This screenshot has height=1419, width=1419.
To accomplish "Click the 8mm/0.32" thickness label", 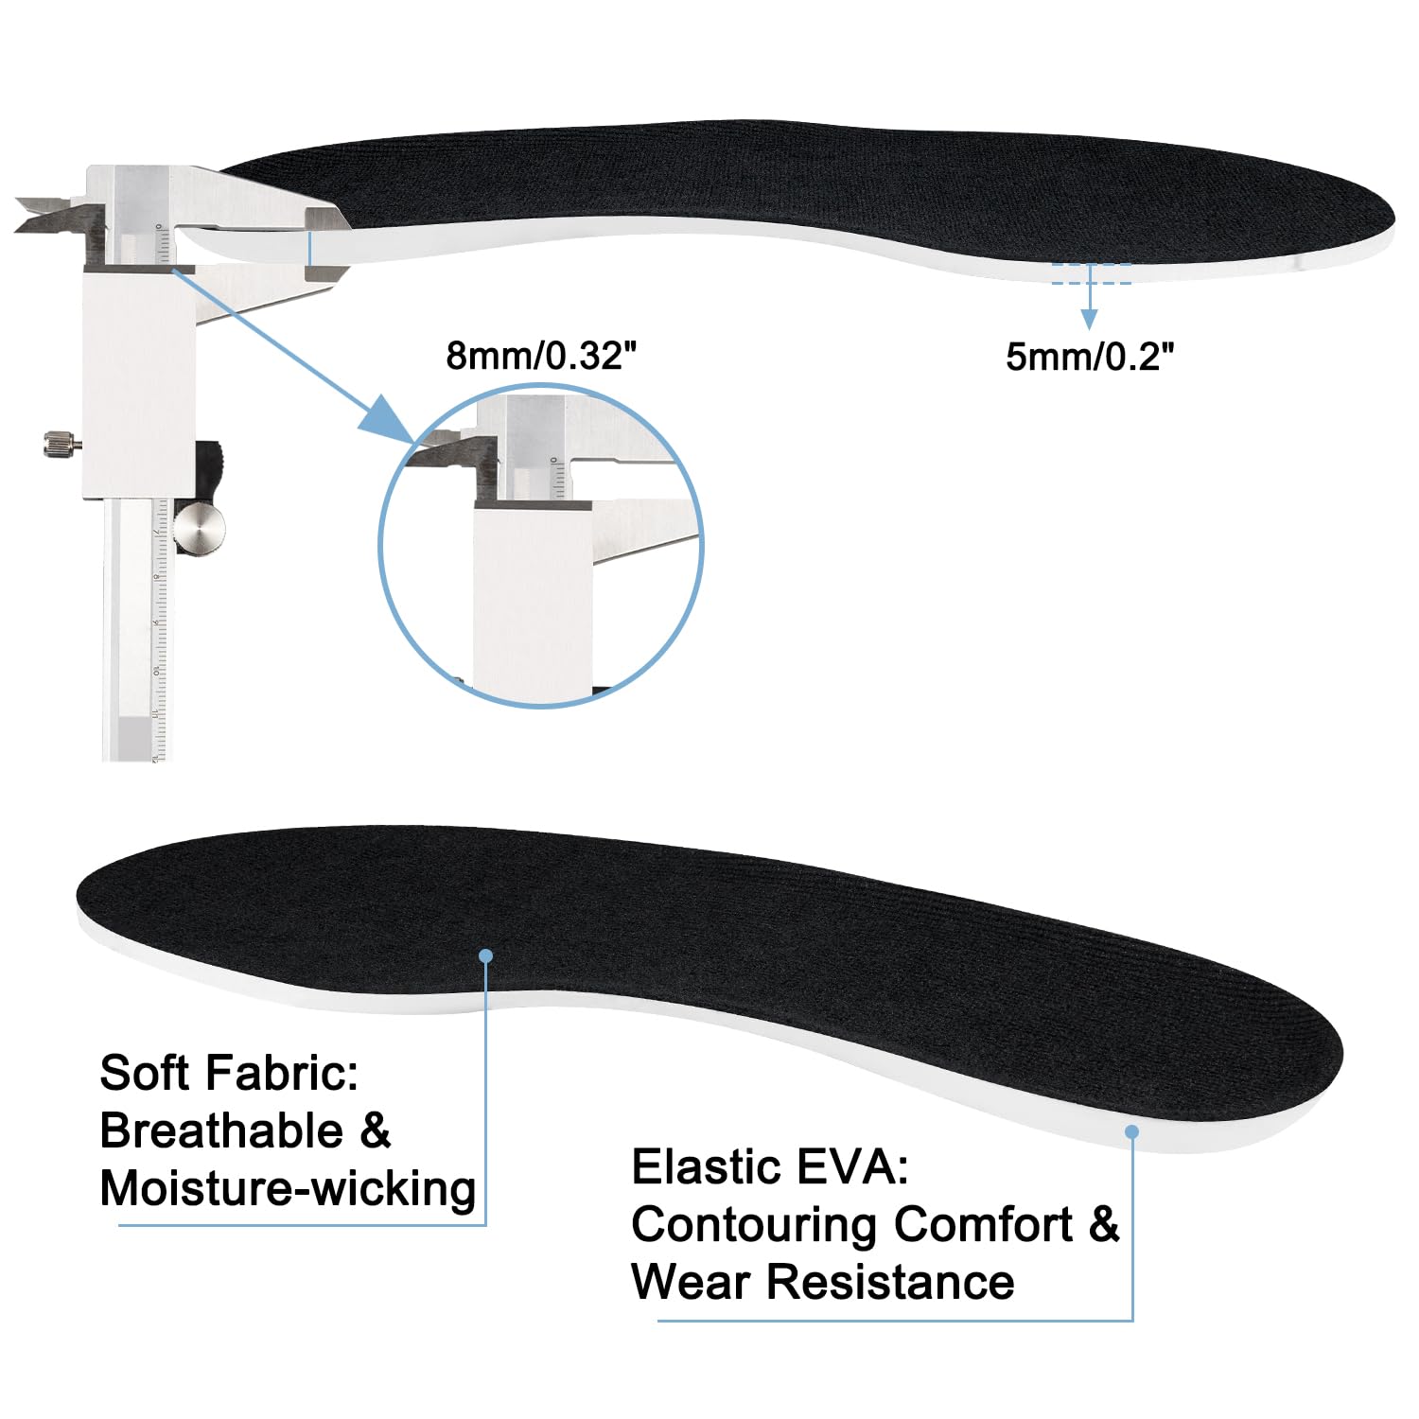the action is tap(541, 356).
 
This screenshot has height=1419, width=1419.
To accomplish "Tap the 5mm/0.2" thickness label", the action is tap(1090, 357).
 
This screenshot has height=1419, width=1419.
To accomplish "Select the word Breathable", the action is tap(221, 1130).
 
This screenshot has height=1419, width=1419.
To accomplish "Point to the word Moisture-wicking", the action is tap(288, 1188).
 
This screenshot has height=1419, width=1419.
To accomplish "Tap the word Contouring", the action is tap(755, 1226).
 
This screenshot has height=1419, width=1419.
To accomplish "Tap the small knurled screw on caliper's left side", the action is tap(62, 443).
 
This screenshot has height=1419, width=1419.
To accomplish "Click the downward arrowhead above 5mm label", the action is tap(1090, 319).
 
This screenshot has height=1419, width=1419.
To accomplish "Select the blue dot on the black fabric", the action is tap(486, 955).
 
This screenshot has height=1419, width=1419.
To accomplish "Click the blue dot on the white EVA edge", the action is tap(1131, 1131).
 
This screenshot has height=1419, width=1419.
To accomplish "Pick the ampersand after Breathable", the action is tap(376, 1130).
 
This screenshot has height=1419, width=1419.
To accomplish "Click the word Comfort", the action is tap(984, 1224).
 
